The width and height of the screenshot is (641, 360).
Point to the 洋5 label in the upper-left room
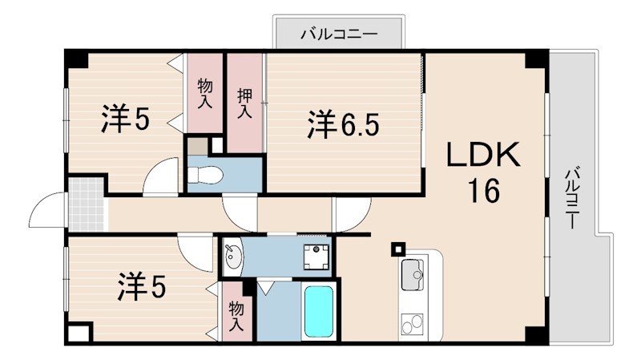(x=124, y=119)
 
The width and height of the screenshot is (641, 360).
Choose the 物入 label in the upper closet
(x=205, y=93)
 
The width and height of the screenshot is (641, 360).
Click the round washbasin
(x=233, y=258)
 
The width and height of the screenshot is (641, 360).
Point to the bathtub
(x=318, y=312)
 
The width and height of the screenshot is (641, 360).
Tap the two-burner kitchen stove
(x=413, y=325)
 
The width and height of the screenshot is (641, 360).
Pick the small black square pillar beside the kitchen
(x=397, y=249)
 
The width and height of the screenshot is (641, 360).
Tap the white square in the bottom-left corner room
(x=79, y=334)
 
